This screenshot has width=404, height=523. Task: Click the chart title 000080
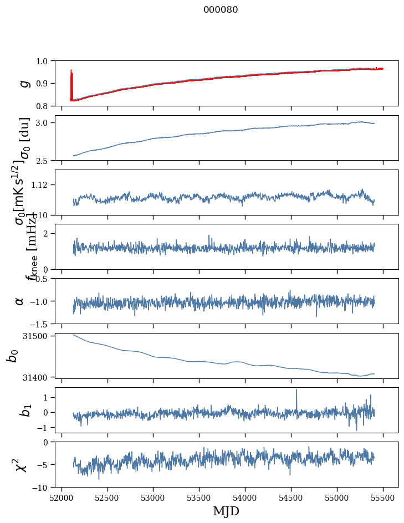(x=221, y=9)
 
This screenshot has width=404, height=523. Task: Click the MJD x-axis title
(x=226, y=511)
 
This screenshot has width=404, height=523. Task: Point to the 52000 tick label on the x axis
(x=62, y=498)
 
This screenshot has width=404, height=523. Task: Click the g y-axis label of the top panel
(x=23, y=83)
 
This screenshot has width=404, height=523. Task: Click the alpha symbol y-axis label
(x=20, y=301)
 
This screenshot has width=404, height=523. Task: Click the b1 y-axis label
(x=24, y=410)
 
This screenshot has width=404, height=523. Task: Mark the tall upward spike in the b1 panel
(x=296, y=390)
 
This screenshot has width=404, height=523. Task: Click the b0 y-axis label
(x=12, y=356)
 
